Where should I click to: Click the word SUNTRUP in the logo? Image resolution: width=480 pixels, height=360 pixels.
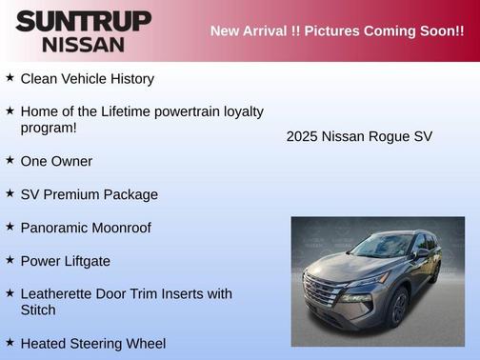coord(83,21)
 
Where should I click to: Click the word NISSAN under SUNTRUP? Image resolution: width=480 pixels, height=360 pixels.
coord(83,44)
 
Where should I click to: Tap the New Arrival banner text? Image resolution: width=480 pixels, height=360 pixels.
coord(337,30)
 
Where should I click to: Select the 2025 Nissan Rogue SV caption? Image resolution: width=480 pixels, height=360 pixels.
coord(359,136)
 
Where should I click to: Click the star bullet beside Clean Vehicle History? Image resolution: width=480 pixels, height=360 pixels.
coord(10,77)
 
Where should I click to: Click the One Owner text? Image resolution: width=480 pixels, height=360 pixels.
coord(56,161)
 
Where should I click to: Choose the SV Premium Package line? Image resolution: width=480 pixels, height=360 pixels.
coord(89,194)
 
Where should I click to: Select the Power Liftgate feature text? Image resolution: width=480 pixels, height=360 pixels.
coord(65,260)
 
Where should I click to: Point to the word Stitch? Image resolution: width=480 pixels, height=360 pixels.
coord(38,310)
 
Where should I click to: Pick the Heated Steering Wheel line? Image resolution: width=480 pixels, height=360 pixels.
coord(92,343)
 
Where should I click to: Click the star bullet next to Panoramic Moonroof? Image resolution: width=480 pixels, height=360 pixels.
coord(10,227)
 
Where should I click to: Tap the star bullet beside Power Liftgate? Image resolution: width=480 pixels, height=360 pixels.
coord(10,259)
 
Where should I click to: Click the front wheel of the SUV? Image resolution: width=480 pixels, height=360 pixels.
coord(399,308)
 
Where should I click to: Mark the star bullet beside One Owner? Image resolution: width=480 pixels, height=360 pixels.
coord(10,160)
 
